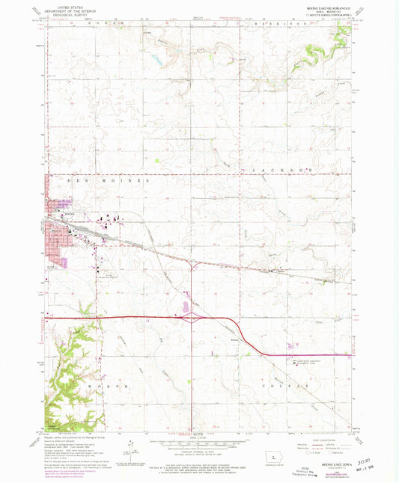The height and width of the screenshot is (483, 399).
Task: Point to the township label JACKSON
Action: coord(284,170)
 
